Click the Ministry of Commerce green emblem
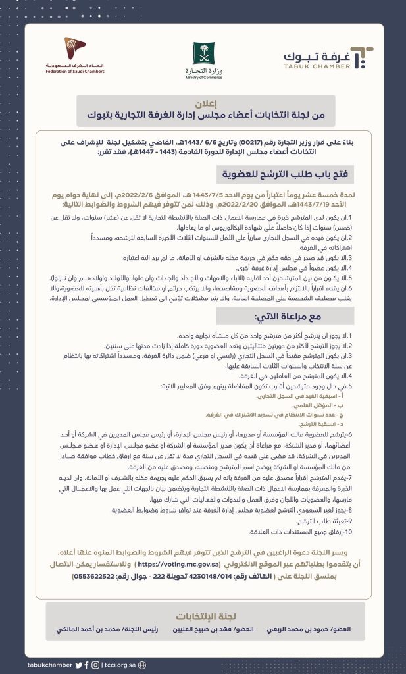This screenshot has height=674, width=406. point(203,53)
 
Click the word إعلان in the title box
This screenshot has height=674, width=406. point(203,103)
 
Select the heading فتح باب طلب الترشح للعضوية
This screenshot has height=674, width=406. point(295,175)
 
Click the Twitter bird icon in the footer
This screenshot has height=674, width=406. point(79,665)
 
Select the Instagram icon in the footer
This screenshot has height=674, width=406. point(96,665)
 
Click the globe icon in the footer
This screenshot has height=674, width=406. point(142,665)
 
